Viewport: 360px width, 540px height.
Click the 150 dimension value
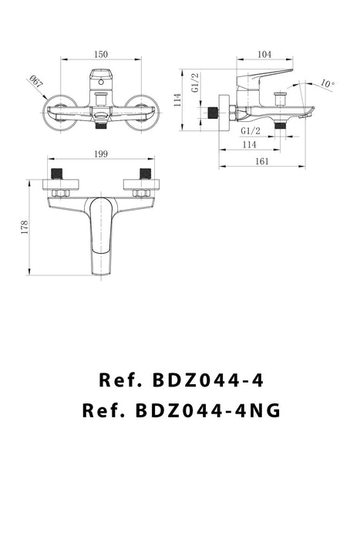click(x=101, y=54)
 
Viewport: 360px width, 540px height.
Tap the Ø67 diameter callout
click(x=36, y=81)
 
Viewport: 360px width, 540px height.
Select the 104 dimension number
click(x=264, y=54)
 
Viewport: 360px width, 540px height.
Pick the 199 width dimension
click(x=101, y=155)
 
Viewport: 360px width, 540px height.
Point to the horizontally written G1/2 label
click(x=249, y=130)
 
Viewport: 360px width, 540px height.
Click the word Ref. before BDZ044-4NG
click(x=103, y=410)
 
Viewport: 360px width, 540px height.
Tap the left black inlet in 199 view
click(x=56, y=174)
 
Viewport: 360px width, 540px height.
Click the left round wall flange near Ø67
click(x=59, y=110)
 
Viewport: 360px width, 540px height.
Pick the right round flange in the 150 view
click(x=142, y=110)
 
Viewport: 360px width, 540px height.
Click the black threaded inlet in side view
click(x=208, y=112)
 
